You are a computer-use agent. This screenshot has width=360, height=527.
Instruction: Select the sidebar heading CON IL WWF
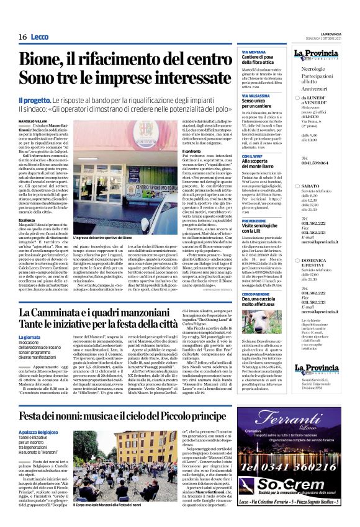click(250, 155)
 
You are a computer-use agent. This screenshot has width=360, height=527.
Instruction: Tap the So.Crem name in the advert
click(299, 485)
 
